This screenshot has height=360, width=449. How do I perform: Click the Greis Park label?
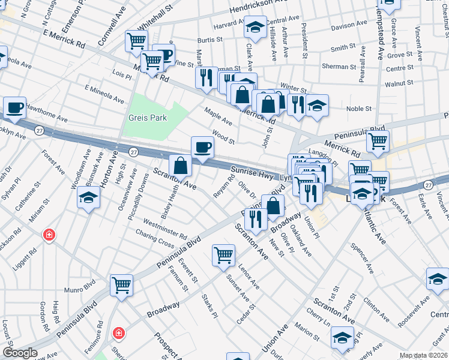[x=147, y=118]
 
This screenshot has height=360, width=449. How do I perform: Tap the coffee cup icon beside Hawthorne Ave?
[x=15, y=108]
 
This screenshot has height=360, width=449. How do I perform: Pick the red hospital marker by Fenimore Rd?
[x=119, y=332]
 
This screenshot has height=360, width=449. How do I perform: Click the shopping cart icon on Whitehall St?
[x=136, y=41]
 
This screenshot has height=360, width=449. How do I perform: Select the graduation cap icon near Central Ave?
[x=255, y=27]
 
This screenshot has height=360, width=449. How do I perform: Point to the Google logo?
[x=20, y=353]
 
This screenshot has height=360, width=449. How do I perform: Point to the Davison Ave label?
[x=348, y=27]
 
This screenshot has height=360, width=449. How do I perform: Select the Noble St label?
[x=359, y=109]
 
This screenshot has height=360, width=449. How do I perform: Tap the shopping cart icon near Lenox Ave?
[x=223, y=254]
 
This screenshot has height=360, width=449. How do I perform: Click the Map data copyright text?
[x=423, y=355]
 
